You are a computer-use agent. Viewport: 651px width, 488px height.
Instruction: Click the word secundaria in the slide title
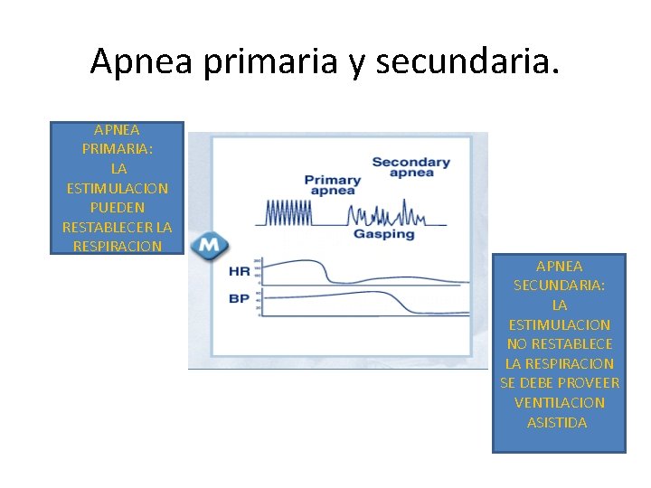pos(467,61)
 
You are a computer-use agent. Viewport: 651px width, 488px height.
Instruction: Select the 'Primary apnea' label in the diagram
pos(332,185)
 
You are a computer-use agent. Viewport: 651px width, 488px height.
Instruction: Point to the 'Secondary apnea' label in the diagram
pos(410,167)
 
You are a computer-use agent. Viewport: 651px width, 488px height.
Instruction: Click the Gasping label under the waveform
pos(383,234)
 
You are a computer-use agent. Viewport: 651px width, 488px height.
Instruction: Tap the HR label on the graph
pos(240,270)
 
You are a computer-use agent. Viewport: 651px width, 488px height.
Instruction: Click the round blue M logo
pos(209,246)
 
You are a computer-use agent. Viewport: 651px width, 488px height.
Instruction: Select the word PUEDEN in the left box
pos(118,207)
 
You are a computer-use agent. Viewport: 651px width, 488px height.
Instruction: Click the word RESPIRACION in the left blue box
pos(118,246)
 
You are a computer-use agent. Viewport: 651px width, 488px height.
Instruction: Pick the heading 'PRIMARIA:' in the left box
pos(118,149)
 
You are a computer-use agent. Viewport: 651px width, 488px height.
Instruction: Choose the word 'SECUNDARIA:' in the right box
pos(559,285)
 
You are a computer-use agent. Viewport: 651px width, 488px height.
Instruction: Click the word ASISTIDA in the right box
pos(557,422)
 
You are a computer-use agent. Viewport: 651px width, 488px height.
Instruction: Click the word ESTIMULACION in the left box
pos(118,188)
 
